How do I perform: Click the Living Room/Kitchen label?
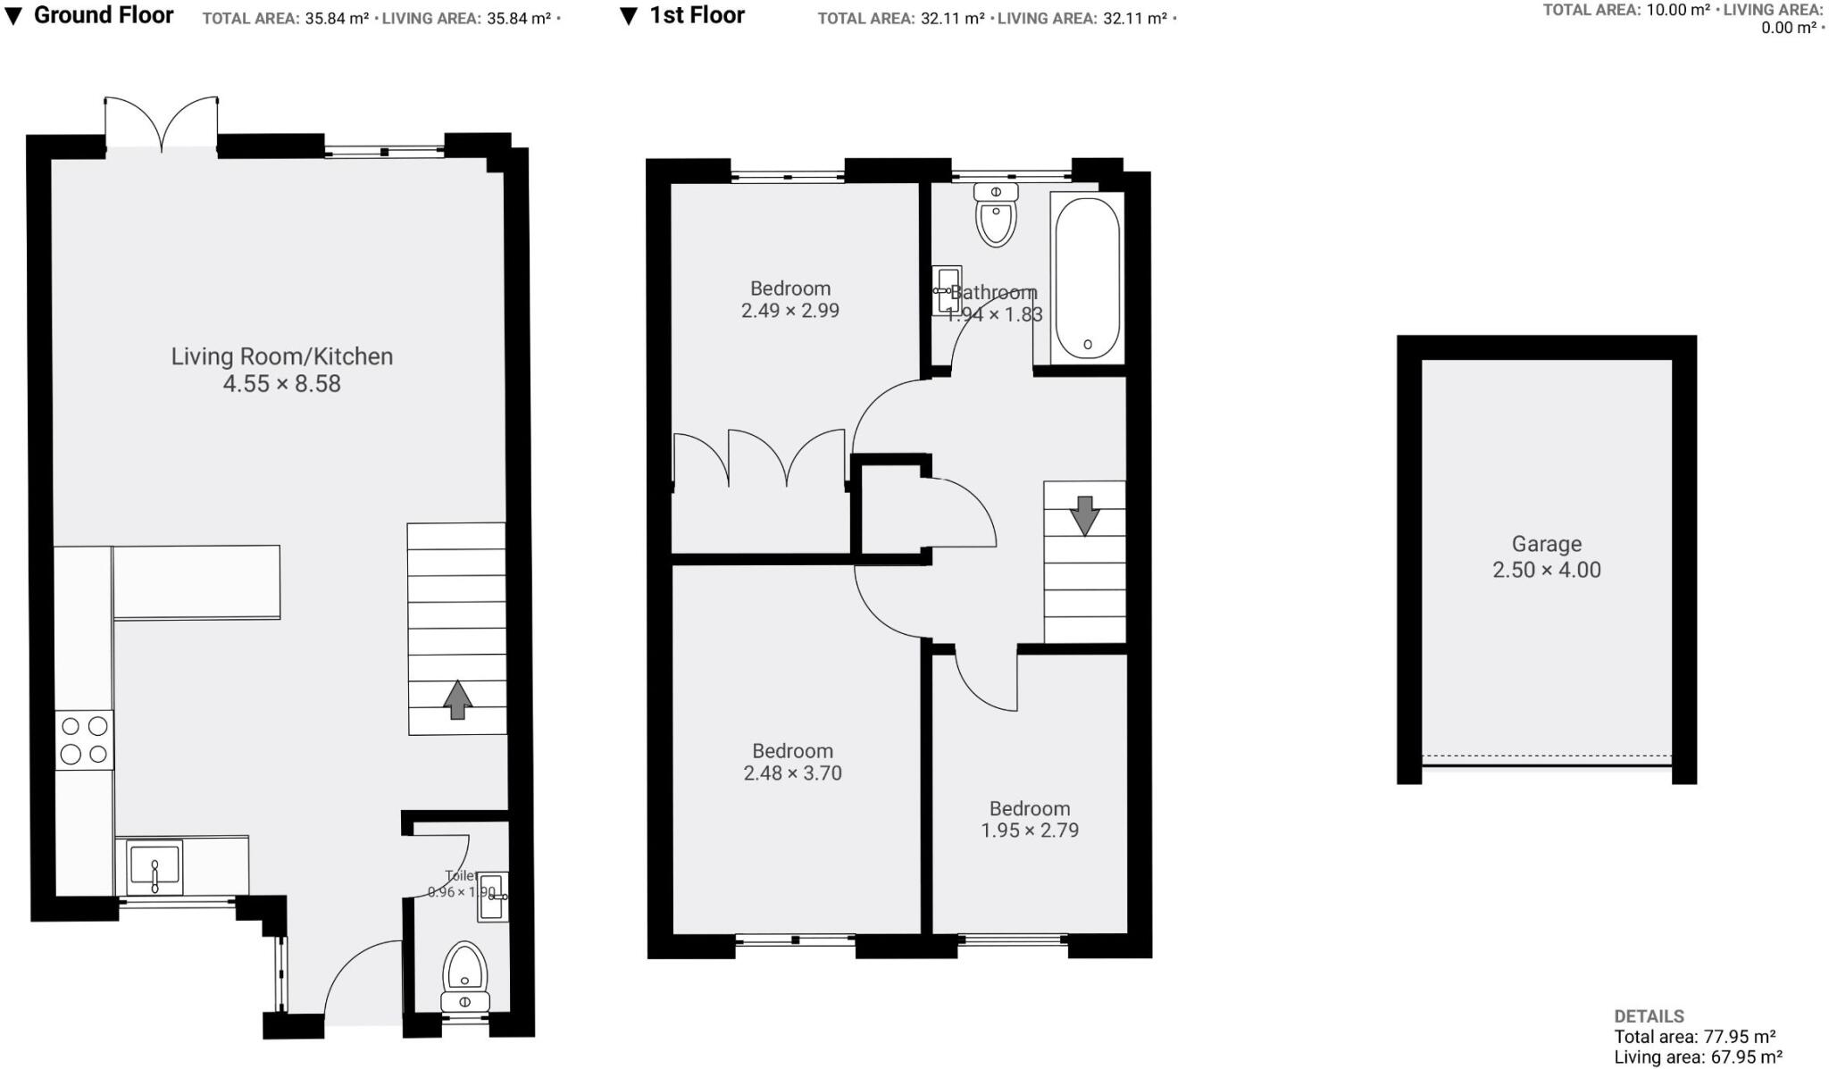(x=281, y=356)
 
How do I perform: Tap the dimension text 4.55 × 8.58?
(x=281, y=384)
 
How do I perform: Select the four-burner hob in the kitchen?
(x=85, y=740)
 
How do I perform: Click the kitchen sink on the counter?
(x=154, y=866)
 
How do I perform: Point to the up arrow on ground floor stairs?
(x=457, y=699)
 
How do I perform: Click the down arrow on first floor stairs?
(x=1084, y=515)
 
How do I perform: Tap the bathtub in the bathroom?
(x=1087, y=277)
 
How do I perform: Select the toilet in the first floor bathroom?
(x=996, y=214)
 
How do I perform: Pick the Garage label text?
(x=1546, y=544)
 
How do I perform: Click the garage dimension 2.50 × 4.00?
(x=1546, y=570)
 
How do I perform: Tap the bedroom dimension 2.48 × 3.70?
(x=792, y=773)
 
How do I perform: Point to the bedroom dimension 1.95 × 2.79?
(x=1029, y=831)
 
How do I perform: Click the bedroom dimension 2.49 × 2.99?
(x=789, y=311)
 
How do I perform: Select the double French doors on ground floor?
(x=162, y=125)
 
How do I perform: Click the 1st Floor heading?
(x=696, y=15)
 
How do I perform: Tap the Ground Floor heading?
(x=103, y=15)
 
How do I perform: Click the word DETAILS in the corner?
(x=1649, y=1016)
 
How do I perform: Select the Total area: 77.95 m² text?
(x=1693, y=1037)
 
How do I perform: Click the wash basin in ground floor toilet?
(x=493, y=897)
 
